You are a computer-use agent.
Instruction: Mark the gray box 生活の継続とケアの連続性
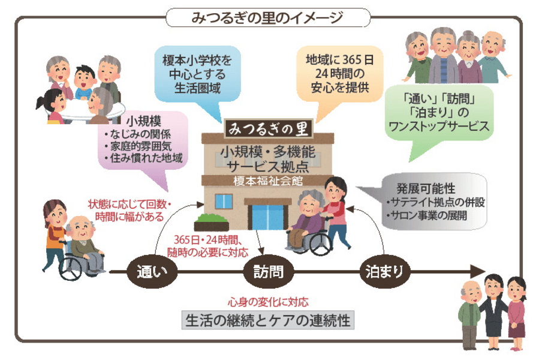click(x=268, y=319)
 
